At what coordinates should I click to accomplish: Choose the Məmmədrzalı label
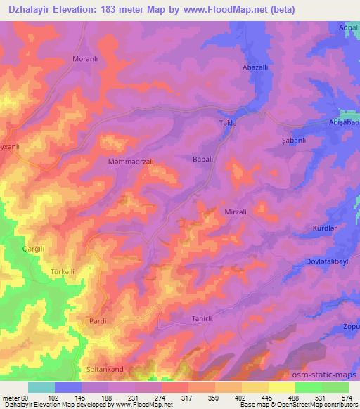131,161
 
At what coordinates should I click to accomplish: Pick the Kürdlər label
326,228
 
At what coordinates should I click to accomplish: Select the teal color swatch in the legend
41,387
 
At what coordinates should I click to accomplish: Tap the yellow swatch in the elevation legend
282,387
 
